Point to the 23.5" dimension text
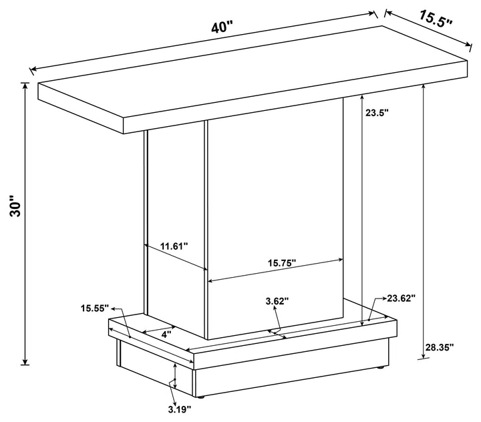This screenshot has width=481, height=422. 377,113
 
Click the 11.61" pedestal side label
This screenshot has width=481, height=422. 174,246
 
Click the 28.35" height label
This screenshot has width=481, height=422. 439,347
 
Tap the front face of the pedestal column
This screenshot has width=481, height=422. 274,200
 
